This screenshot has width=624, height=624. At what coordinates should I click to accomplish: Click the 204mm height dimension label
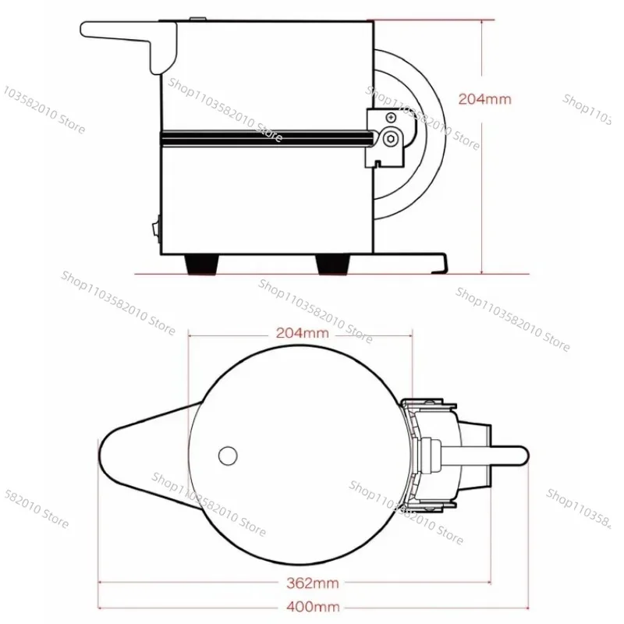point(484,99)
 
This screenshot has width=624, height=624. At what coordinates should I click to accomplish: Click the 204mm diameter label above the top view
point(303,333)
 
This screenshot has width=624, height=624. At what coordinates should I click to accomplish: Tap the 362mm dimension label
point(313,583)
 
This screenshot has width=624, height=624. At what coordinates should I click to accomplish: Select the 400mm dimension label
point(313,607)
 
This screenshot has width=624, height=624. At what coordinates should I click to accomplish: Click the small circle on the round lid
point(228,456)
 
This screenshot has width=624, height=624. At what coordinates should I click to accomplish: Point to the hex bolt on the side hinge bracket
point(391,139)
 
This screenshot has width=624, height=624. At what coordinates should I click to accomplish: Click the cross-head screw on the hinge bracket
point(392,118)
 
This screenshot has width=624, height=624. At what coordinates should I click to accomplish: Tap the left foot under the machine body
point(202,264)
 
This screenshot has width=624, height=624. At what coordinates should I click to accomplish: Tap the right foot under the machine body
point(333,264)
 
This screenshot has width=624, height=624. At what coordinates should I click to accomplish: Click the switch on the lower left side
point(156,229)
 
